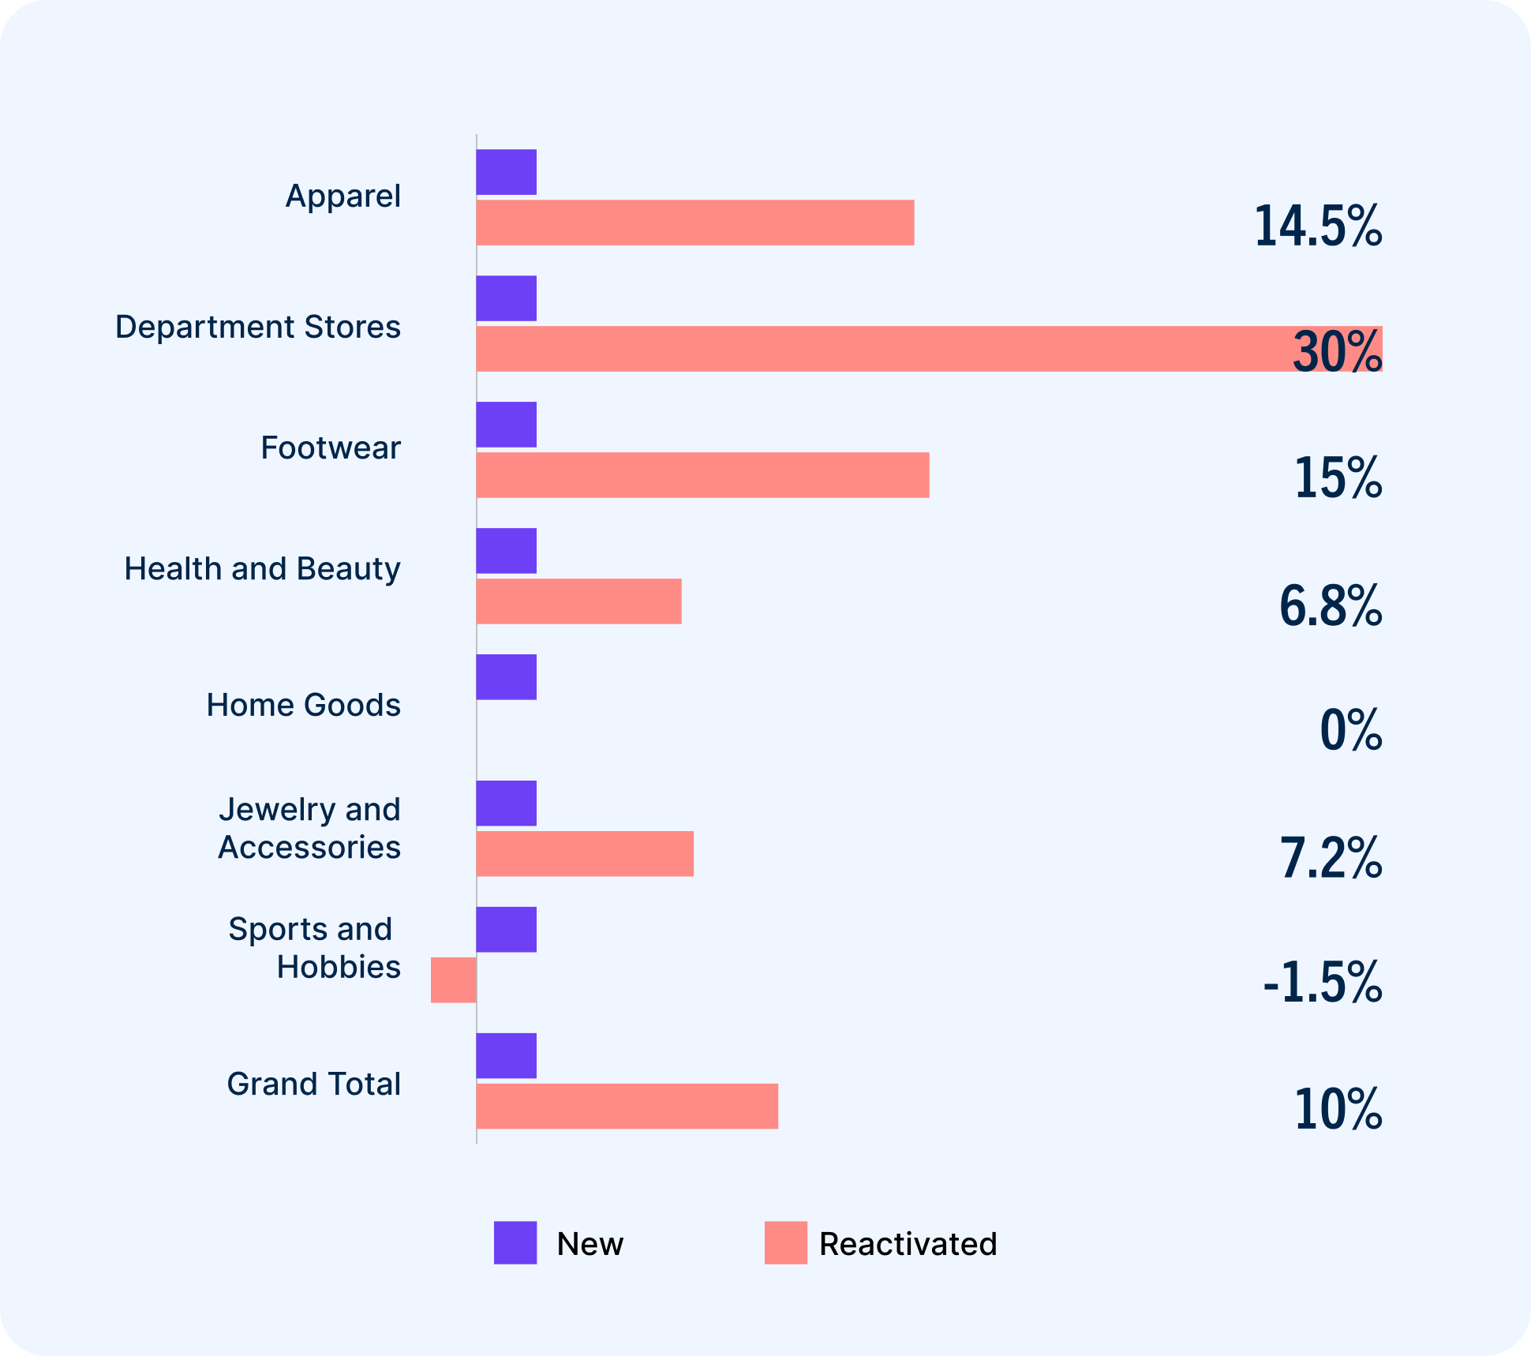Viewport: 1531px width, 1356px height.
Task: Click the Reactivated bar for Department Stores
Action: tap(868, 349)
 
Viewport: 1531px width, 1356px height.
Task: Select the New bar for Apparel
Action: tap(506, 172)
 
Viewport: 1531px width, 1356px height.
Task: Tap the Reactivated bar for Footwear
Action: tap(702, 475)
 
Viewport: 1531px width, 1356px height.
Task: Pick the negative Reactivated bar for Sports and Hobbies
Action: tap(454, 980)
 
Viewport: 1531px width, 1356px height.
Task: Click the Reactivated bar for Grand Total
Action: tap(627, 1106)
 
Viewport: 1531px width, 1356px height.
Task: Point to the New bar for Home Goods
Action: tap(506, 677)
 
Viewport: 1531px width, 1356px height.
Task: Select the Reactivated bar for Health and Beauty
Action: tap(578, 601)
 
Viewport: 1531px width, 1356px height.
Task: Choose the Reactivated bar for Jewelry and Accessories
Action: tap(585, 853)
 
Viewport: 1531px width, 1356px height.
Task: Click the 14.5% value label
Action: tap(1317, 227)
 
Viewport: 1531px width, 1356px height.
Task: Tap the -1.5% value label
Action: tap(1322, 983)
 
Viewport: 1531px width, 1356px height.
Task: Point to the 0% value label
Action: tap(1350, 730)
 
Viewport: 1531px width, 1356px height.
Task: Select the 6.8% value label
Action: tap(1330, 606)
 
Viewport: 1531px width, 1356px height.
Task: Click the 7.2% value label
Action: tap(1330, 858)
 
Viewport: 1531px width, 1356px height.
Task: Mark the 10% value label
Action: tap(1338, 1110)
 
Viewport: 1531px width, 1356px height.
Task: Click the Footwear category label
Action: tap(331, 448)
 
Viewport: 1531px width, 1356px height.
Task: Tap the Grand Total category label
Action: tap(313, 1084)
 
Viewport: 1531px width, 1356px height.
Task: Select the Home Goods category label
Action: tap(303, 705)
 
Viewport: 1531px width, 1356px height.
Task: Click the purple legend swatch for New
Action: tap(515, 1242)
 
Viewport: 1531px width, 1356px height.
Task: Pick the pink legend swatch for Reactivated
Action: tap(785, 1242)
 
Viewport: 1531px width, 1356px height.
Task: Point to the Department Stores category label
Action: tap(257, 327)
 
